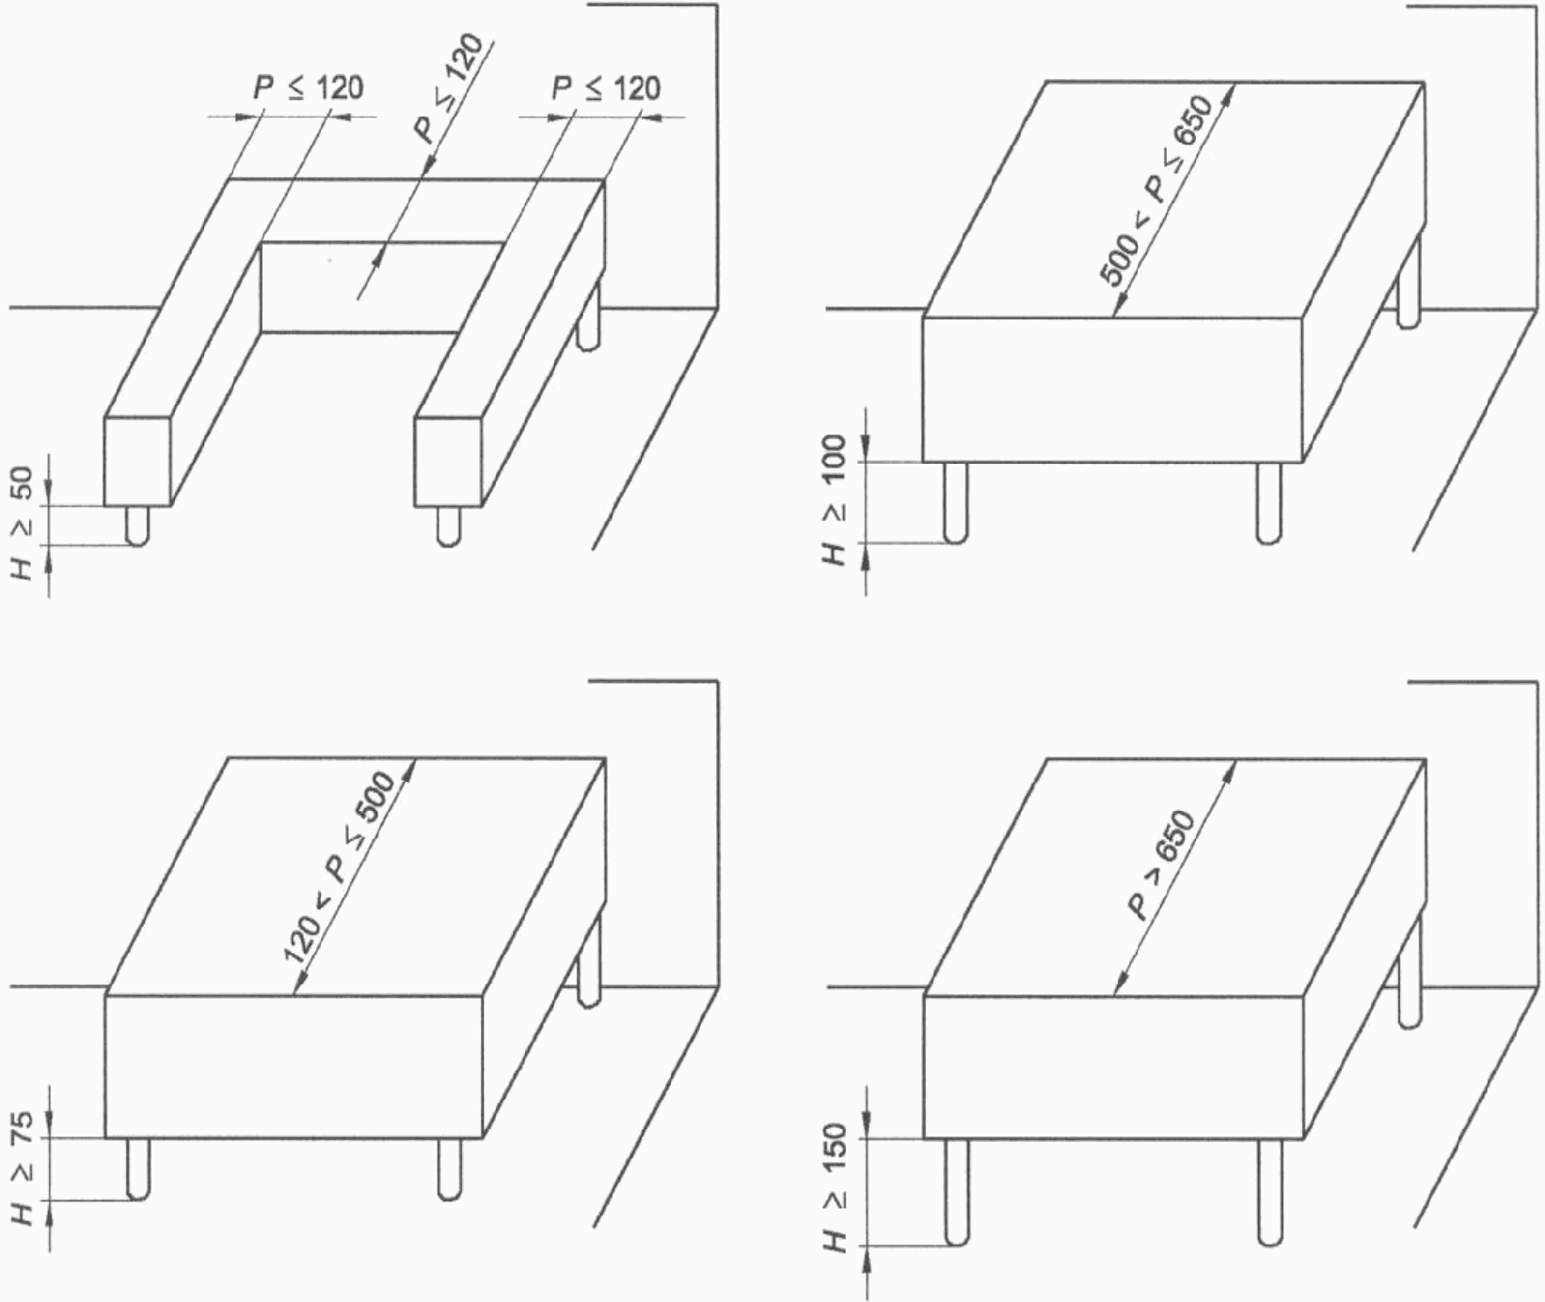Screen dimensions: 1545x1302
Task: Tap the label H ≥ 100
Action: tap(834, 500)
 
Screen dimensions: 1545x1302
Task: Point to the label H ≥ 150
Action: tap(834, 1188)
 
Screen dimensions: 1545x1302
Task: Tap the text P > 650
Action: tap(1160, 865)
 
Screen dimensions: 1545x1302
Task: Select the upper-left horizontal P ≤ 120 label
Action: tap(308, 88)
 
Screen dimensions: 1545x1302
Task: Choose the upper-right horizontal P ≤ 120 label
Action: tap(606, 88)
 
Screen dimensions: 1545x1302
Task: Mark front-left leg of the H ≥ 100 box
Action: tap(956, 502)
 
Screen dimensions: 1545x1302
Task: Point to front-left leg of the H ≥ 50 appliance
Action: tap(138, 526)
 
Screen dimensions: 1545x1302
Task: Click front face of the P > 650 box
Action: tap(1114, 1067)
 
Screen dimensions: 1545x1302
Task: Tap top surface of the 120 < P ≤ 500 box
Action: tap(355, 876)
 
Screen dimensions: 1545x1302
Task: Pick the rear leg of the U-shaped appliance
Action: tap(590, 315)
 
